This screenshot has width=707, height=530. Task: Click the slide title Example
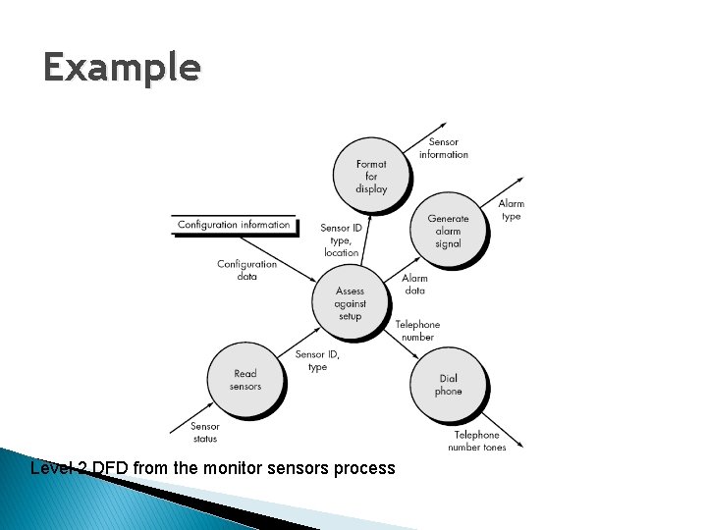pyautogui.click(x=122, y=68)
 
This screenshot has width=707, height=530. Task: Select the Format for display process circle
pyautogui.click(x=371, y=177)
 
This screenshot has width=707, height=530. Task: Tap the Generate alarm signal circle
pyautogui.click(x=448, y=232)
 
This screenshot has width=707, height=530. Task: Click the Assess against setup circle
pyautogui.click(x=350, y=303)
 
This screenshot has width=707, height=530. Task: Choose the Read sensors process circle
pyautogui.click(x=245, y=380)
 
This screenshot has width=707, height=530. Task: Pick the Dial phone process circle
pyautogui.click(x=448, y=385)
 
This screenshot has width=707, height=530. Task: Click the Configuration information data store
pyautogui.click(x=234, y=225)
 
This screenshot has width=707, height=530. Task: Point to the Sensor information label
pyautogui.click(x=444, y=148)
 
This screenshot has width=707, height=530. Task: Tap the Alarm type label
pyautogui.click(x=511, y=210)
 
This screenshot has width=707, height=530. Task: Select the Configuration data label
pyautogui.click(x=246, y=270)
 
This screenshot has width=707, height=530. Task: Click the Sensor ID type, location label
pyautogui.click(x=341, y=240)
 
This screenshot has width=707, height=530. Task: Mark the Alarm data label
pyautogui.click(x=414, y=285)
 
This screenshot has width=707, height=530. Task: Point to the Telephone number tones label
pyautogui.click(x=476, y=441)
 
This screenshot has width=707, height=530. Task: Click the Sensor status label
pyautogui.click(x=205, y=432)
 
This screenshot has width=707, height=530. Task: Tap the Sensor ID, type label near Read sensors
pyautogui.click(x=317, y=360)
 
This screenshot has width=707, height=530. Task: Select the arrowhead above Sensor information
pyautogui.click(x=434, y=128)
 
